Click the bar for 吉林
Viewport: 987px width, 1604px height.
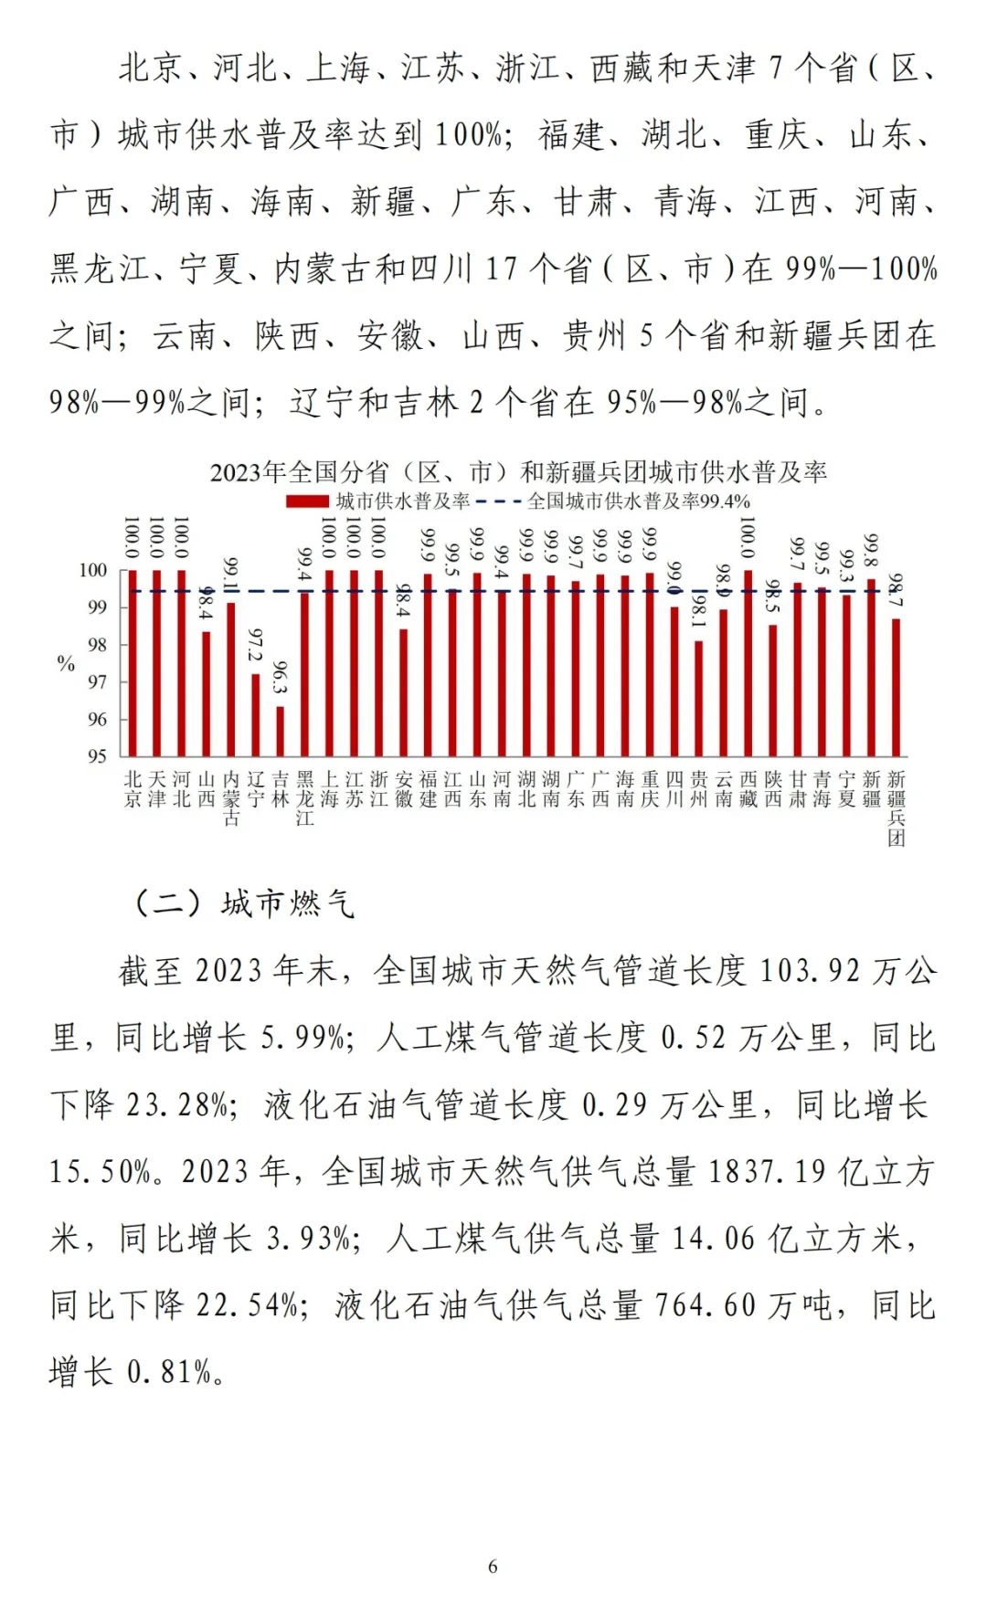tap(281, 731)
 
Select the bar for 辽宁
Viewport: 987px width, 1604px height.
tap(256, 715)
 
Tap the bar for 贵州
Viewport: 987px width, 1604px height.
tap(699, 699)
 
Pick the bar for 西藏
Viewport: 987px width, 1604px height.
tap(748, 663)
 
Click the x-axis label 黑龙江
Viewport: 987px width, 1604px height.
tap(305, 797)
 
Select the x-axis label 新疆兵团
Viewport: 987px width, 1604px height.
tap(897, 807)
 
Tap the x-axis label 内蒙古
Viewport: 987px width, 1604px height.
tap(231, 797)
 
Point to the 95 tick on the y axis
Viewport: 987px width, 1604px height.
tap(97, 756)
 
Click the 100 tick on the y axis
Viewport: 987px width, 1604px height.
tap(93, 570)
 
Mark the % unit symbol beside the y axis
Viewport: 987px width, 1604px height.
tap(66, 664)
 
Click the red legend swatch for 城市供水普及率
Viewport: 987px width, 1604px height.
tap(306, 501)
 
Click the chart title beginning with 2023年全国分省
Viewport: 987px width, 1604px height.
tap(518, 472)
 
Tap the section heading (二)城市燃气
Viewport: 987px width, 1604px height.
tap(244, 903)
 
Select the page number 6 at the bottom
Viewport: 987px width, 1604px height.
tap(493, 1567)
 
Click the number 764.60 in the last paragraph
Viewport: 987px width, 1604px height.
tap(706, 1305)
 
